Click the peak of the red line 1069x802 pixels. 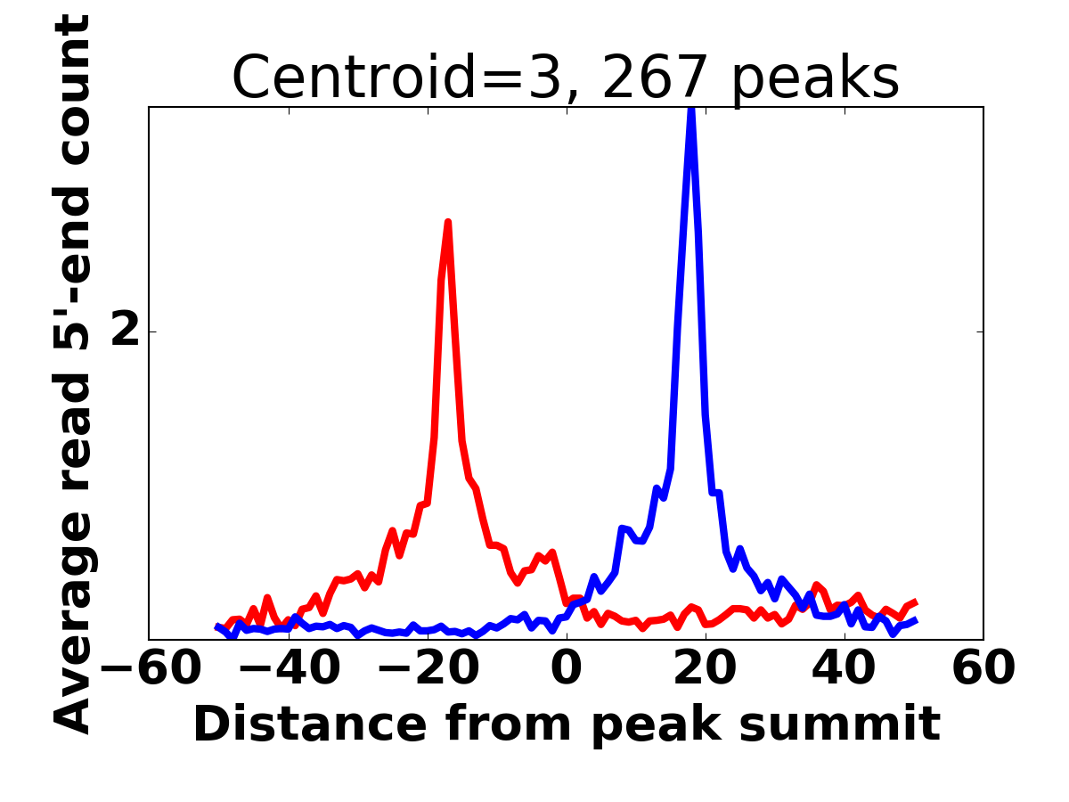click(447, 223)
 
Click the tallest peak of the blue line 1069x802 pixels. click(690, 110)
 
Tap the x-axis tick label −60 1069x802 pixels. click(151, 669)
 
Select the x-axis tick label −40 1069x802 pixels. click(290, 669)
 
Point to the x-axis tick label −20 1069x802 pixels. click(428, 669)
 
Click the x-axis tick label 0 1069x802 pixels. click(567, 669)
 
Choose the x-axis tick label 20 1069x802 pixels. click(706, 669)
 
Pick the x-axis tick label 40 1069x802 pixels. click(844, 669)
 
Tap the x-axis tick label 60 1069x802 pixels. click(983, 669)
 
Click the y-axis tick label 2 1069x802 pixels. click(126, 331)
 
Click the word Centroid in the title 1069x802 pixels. click(354, 78)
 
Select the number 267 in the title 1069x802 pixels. click(656, 78)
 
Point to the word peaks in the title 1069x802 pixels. click(815, 81)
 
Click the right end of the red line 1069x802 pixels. click(917, 602)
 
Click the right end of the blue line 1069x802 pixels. click(917, 619)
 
